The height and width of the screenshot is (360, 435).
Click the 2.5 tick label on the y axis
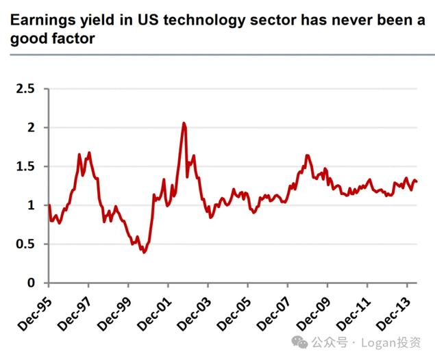[x=26, y=88]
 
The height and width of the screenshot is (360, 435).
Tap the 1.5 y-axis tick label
[x=26, y=166]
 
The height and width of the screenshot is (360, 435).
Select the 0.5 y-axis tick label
[x=26, y=244]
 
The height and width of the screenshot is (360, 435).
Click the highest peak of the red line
[x=184, y=123]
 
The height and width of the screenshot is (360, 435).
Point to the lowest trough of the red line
[x=143, y=253]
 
